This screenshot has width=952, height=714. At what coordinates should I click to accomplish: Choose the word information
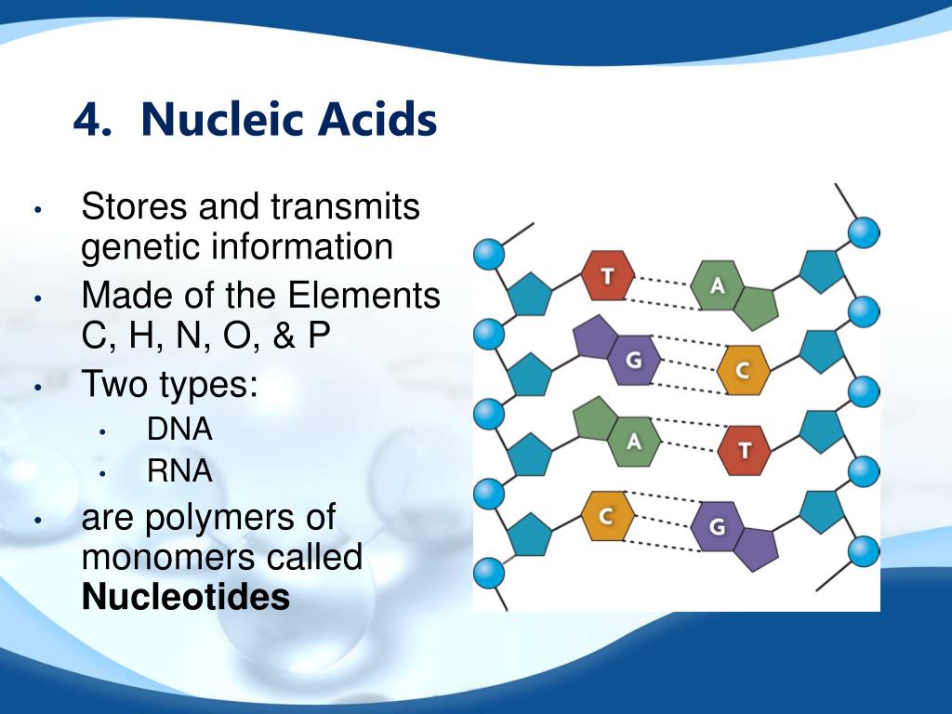(302, 247)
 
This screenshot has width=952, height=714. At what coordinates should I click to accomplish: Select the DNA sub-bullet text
(179, 430)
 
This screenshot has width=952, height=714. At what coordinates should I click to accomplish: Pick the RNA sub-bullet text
(179, 471)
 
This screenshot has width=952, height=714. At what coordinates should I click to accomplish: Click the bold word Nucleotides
(186, 597)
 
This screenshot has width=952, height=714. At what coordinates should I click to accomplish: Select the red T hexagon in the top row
(608, 275)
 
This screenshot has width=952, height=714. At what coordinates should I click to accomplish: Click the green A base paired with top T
(717, 284)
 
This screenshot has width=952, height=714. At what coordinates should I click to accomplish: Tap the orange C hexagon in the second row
(743, 370)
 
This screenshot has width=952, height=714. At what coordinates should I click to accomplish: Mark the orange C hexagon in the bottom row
(606, 514)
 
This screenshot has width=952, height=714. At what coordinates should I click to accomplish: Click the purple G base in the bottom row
(717, 527)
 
